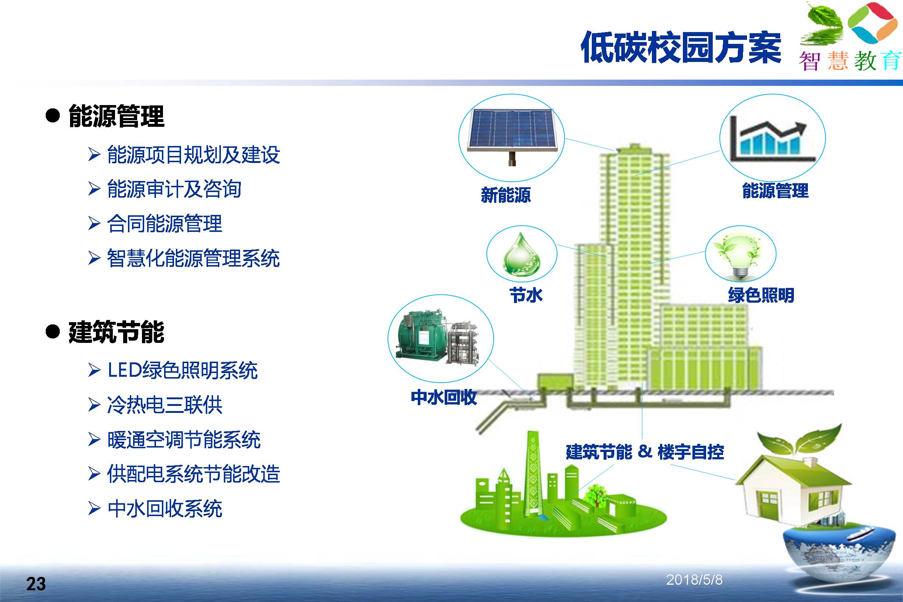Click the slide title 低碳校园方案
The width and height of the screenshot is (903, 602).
681,48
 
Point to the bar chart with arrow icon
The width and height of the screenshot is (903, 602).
772,139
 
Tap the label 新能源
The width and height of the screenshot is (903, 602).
506,195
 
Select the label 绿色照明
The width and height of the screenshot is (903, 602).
761,295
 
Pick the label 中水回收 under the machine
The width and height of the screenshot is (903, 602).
444,397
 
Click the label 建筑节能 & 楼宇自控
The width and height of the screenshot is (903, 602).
645,452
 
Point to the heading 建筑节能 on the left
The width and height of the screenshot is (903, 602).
116,332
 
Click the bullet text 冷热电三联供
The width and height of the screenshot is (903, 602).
165,405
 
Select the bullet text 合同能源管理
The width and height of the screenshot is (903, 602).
165,223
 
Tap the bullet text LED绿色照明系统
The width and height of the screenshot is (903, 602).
183,370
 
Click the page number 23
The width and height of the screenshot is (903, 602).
36,584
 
